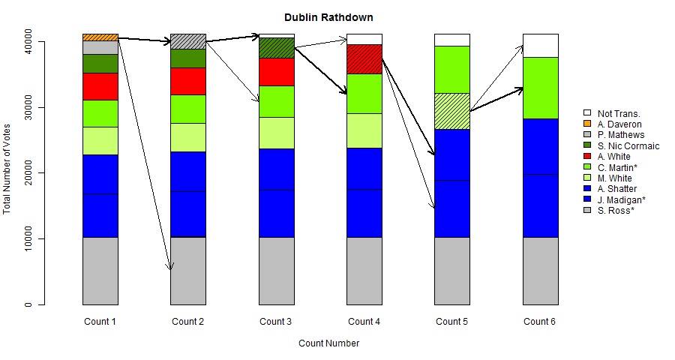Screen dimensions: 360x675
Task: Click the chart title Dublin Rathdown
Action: click(x=328, y=17)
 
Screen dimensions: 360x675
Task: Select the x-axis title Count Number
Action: click(x=328, y=343)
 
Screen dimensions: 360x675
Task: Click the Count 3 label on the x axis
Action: click(x=276, y=322)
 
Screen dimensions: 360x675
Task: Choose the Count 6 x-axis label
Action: click(x=540, y=322)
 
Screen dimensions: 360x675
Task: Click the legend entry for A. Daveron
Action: click(x=619, y=124)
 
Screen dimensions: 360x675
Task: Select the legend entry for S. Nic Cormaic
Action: click(x=628, y=146)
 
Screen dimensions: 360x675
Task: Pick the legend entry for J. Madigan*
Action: click(x=622, y=200)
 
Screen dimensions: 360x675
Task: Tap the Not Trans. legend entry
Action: click(x=619, y=114)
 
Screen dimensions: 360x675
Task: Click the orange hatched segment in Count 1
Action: click(x=100, y=37)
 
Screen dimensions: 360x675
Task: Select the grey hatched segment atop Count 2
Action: click(x=188, y=41)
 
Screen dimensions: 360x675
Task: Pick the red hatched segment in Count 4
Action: click(x=364, y=59)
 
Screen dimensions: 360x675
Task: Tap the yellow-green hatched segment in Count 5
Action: click(x=452, y=111)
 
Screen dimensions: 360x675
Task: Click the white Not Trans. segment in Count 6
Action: click(x=540, y=46)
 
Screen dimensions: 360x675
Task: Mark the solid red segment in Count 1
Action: click(x=100, y=86)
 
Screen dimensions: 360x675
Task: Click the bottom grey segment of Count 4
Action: click(x=364, y=271)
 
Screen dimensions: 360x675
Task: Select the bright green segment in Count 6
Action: click(x=540, y=88)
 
